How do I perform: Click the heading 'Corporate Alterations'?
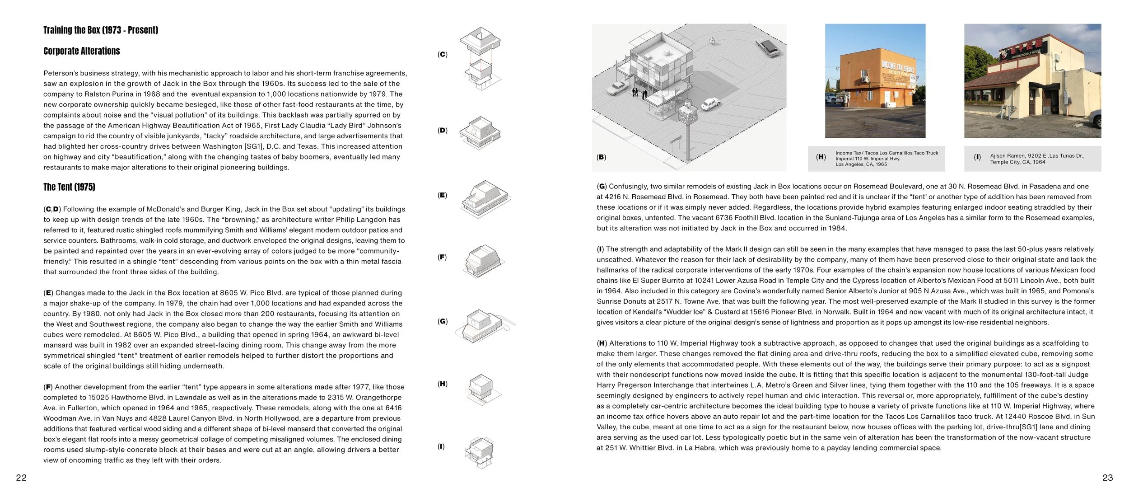point(82,51)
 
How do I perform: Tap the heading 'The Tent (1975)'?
point(69,187)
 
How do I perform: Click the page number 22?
point(21,478)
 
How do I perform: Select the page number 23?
point(1107,478)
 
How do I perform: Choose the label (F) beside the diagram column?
point(442,257)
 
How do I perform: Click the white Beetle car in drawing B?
point(710,104)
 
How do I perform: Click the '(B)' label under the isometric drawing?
point(601,157)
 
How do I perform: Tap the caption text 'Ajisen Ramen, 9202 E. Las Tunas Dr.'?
point(1037,156)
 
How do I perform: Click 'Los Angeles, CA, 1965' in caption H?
point(861,164)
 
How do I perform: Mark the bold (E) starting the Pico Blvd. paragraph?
point(48,293)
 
